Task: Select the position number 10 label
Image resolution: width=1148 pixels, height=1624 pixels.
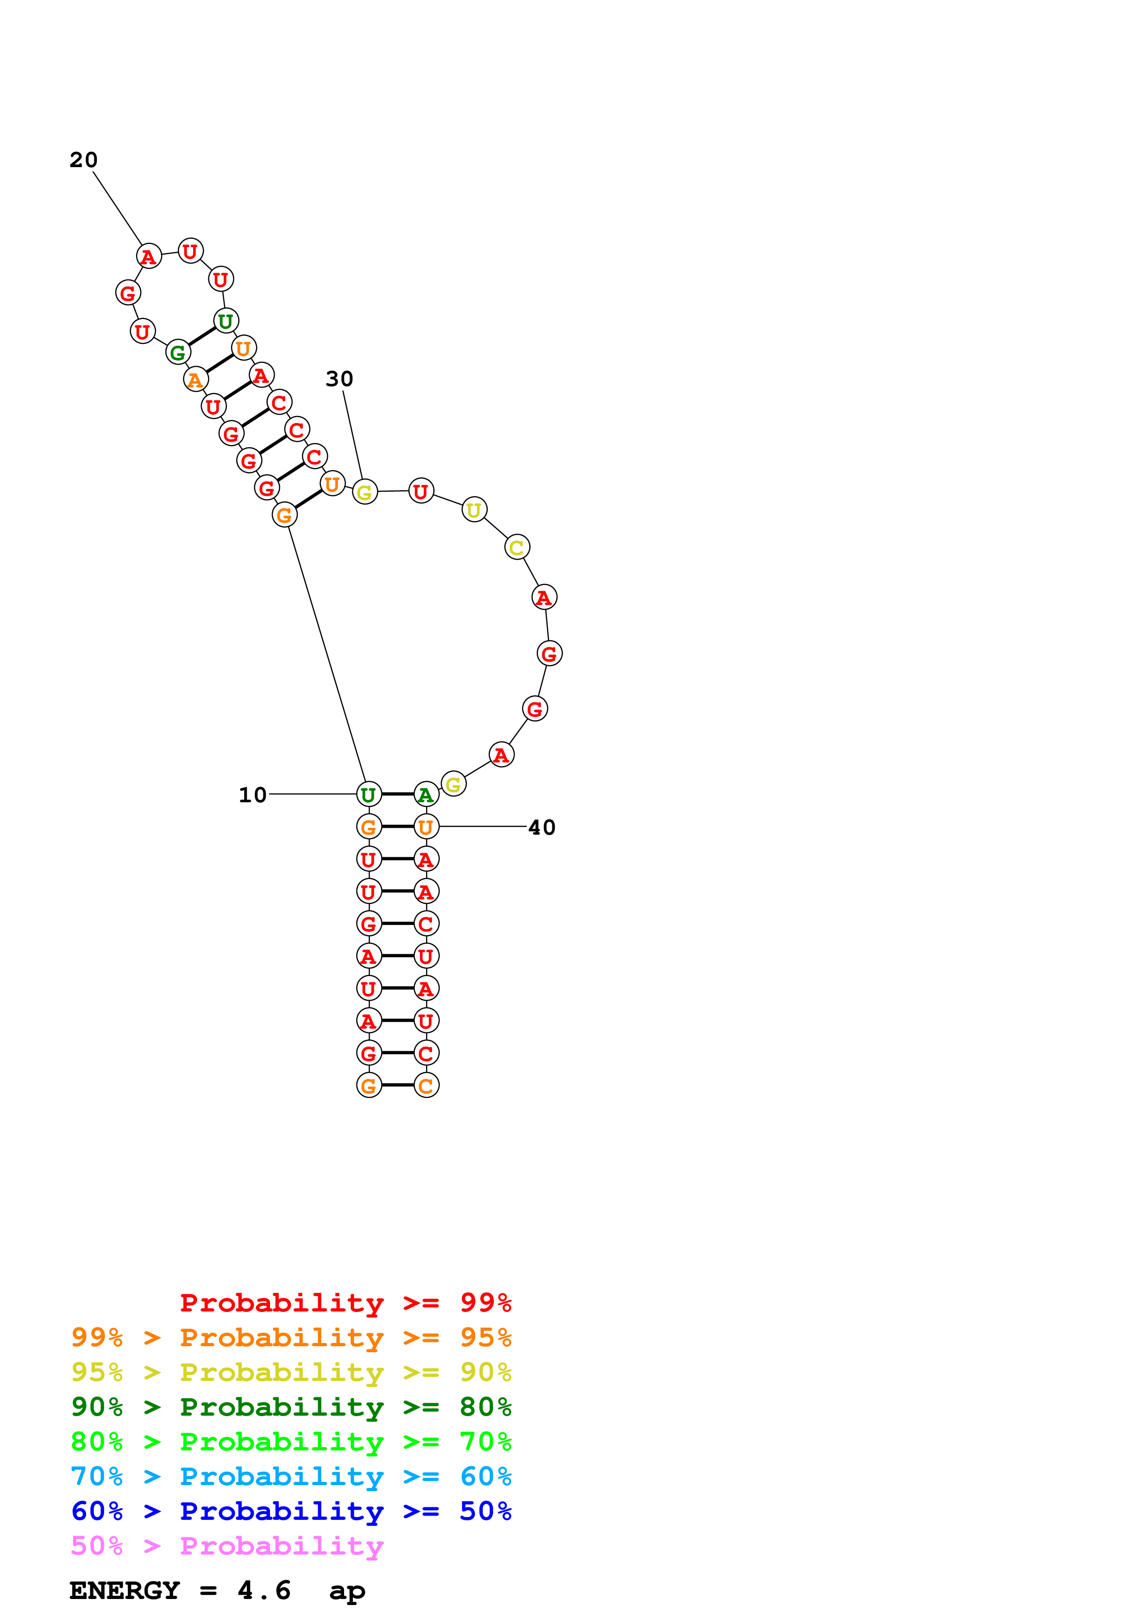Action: click(252, 794)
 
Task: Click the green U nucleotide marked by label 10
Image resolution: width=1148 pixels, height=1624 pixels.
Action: click(369, 794)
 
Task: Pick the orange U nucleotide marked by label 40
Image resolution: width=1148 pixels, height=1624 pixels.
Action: click(426, 826)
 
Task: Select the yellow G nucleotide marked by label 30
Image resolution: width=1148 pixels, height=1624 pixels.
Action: click(364, 492)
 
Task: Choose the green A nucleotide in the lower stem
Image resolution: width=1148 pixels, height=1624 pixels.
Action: click(426, 794)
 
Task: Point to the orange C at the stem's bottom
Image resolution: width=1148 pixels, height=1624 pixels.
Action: click(426, 1085)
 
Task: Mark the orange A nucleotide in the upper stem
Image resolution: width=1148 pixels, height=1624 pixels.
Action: click(195, 379)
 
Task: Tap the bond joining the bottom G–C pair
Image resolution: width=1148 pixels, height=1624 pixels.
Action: click(397, 1085)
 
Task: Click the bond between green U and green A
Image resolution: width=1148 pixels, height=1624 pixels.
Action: click(397, 794)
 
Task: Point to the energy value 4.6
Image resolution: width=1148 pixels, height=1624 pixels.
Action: click(264, 1591)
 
